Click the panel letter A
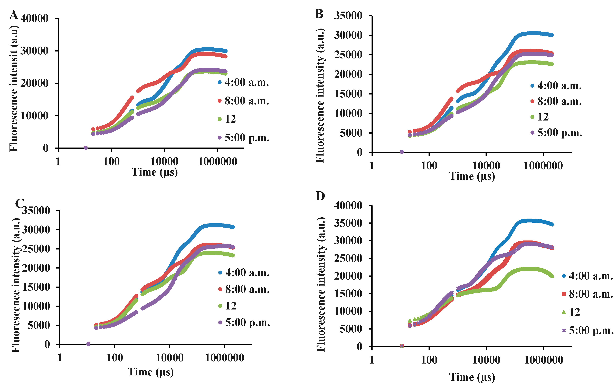[14, 15]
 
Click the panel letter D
[320, 196]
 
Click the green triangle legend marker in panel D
[564, 312]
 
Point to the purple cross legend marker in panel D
[564, 331]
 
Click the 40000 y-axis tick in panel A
[34, 19]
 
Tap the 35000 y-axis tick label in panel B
[348, 16]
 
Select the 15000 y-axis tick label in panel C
[36, 287]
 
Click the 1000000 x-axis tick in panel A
[218, 161]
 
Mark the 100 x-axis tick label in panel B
[429, 166]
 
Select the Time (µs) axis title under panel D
[472, 377]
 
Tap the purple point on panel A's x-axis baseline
[86, 148]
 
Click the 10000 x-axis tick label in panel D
[486, 360]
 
